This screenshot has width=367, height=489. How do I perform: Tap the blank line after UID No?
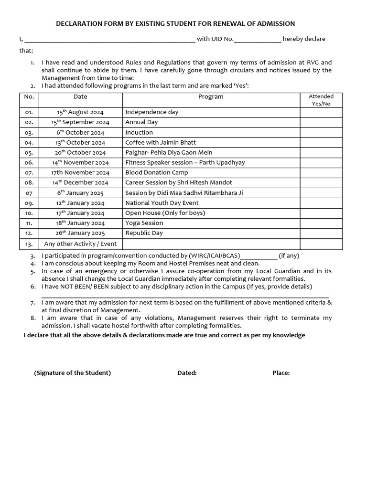point(257,39)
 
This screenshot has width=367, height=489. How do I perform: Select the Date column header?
point(80,96)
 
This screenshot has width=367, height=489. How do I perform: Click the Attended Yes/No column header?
point(321,100)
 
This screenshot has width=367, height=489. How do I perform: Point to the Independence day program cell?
point(151,112)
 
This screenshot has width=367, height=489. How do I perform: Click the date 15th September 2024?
point(80,122)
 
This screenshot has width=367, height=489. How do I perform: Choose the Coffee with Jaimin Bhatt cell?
point(161,142)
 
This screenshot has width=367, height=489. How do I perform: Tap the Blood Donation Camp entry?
point(157,172)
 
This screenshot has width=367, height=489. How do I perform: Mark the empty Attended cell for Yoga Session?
point(321,223)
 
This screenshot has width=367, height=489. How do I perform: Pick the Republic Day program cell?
point(144,233)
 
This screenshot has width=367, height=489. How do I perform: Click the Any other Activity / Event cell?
point(80,244)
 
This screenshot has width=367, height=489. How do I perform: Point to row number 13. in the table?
point(29,244)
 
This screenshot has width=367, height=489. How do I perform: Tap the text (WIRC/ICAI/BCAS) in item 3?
point(215,255)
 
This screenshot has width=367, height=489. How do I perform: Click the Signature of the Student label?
point(72,373)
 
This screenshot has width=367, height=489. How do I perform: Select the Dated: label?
point(187,373)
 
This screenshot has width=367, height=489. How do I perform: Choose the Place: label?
point(281,373)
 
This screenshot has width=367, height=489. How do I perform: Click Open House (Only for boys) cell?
point(165,213)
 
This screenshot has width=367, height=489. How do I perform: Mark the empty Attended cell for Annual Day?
point(321,122)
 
